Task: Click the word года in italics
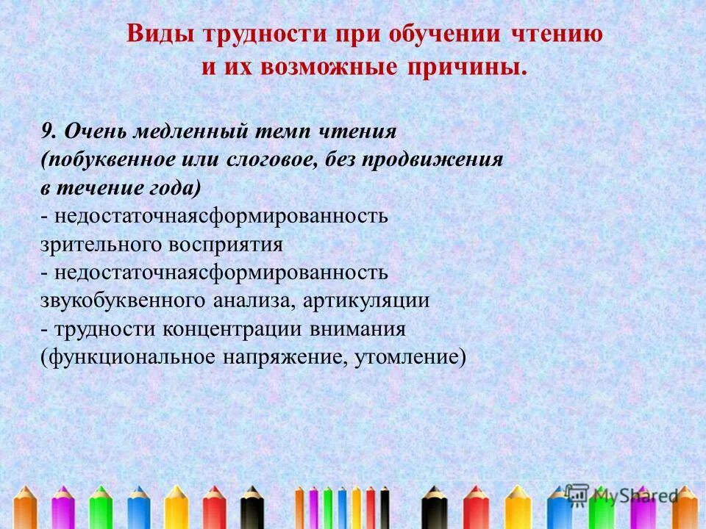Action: point(174,187)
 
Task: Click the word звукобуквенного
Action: point(123,301)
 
